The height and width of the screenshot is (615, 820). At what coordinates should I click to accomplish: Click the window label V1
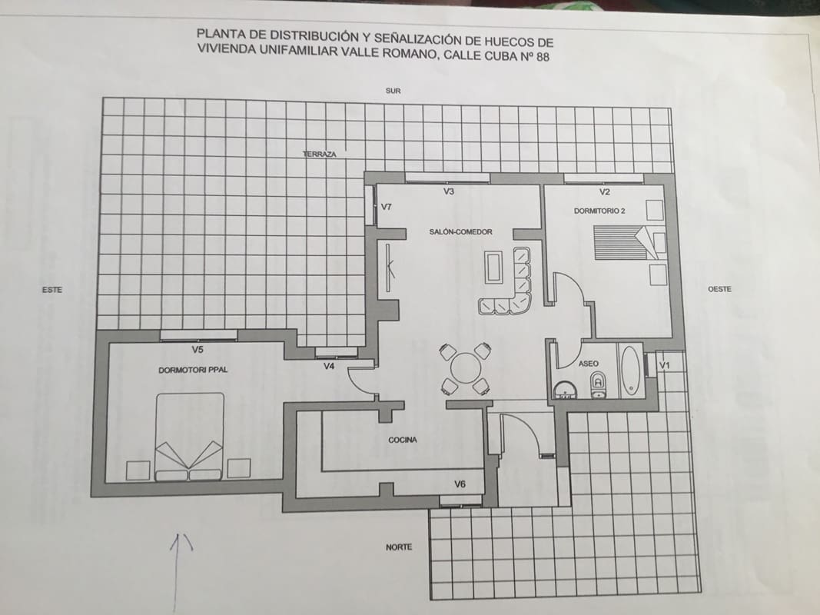tap(666, 364)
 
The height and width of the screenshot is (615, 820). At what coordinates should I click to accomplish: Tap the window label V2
tap(605, 191)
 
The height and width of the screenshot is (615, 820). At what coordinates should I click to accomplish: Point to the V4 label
tap(329, 366)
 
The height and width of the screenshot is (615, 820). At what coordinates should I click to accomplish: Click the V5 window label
tap(198, 350)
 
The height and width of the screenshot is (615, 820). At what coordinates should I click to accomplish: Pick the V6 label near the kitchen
tap(460, 484)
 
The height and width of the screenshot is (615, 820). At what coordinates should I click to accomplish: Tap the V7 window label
tap(387, 207)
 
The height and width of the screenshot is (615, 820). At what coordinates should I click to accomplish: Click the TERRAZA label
tap(320, 155)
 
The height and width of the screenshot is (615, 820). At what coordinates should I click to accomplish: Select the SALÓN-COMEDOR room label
tap(460, 231)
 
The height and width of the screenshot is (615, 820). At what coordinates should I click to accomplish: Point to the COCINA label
tap(403, 440)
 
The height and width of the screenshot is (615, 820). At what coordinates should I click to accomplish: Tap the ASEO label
tap(588, 364)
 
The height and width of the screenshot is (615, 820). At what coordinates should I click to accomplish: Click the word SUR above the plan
tap(393, 91)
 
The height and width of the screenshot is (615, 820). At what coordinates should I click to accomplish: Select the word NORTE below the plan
tap(399, 547)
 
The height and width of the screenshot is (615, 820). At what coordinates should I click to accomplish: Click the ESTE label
tap(52, 290)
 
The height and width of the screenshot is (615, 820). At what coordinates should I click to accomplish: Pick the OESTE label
tap(719, 289)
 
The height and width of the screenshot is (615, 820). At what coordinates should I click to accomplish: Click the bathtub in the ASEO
tap(629, 371)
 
